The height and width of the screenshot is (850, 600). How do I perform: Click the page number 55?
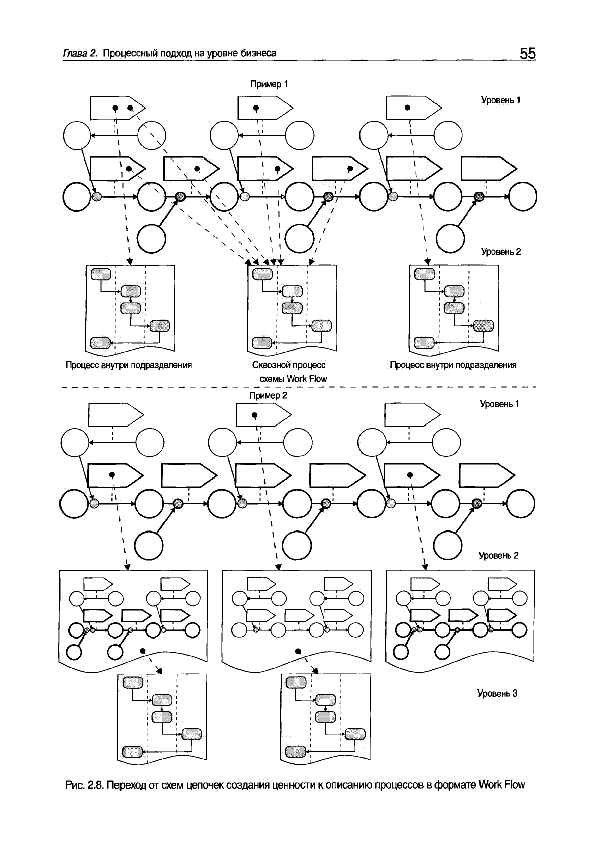coord(528,54)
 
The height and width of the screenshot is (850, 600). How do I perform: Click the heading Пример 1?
coord(269,84)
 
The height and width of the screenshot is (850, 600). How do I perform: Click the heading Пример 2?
coord(268,395)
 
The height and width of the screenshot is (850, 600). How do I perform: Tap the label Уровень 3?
coord(498,694)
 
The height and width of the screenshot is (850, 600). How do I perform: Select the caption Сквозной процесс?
coord(289,365)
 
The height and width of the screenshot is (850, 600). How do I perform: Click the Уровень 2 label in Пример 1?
coord(500,252)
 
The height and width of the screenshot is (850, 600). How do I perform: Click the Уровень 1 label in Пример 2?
coord(499,404)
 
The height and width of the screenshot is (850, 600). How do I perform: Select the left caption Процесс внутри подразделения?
coord(129,365)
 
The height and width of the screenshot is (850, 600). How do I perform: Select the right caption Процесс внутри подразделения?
coord(453,365)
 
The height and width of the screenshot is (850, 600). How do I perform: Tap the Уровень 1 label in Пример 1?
coord(500,100)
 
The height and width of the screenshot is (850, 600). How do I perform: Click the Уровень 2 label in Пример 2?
coord(498,556)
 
